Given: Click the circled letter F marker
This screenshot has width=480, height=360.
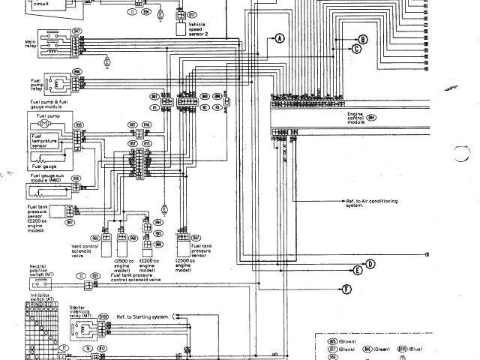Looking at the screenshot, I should click(346, 289).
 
